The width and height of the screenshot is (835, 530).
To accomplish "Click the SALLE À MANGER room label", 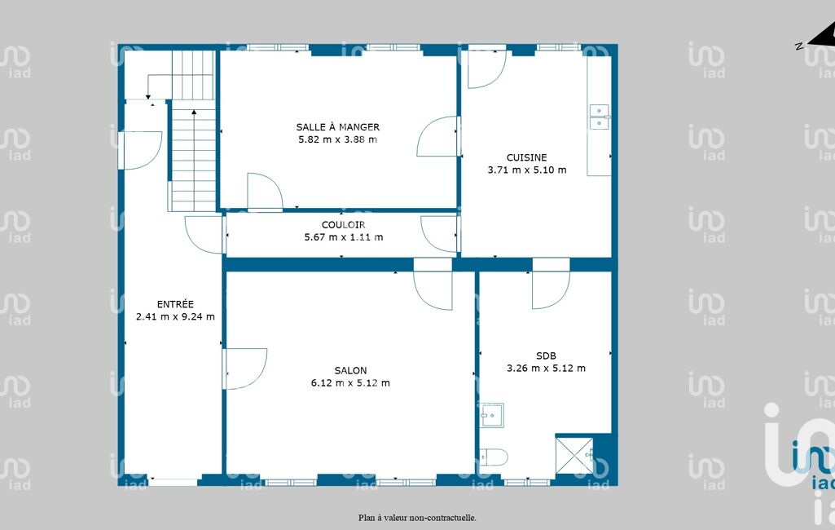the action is (x=337, y=127).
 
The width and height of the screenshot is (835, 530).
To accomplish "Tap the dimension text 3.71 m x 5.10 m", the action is (x=527, y=170).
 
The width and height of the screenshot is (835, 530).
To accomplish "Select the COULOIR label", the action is (x=344, y=225).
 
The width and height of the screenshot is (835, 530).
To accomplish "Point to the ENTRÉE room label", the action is (x=175, y=304).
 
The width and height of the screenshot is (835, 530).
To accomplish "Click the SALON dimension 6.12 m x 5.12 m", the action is (x=350, y=383).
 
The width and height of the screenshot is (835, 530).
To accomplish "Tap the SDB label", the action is (x=546, y=356).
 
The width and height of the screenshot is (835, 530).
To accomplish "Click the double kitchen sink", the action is (x=599, y=117).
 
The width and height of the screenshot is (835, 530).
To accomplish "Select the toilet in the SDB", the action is (x=493, y=457).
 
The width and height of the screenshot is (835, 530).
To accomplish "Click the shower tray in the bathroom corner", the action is (x=574, y=455).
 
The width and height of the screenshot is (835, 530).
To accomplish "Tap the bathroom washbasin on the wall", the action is (x=492, y=415).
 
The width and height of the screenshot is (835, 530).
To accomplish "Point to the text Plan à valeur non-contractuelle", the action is (x=417, y=517).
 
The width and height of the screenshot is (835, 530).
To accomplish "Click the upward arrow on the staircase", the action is (x=194, y=159).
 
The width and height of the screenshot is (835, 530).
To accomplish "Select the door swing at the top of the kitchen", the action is (x=486, y=68).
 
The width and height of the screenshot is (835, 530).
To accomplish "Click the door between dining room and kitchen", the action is (x=437, y=136).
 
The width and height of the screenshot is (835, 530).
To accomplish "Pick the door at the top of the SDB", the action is (x=551, y=290).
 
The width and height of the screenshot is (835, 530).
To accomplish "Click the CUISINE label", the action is (x=527, y=157).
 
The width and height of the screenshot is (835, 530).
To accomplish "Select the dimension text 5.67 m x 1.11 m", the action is (x=344, y=237).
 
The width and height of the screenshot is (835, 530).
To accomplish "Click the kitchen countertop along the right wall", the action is (x=599, y=116).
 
